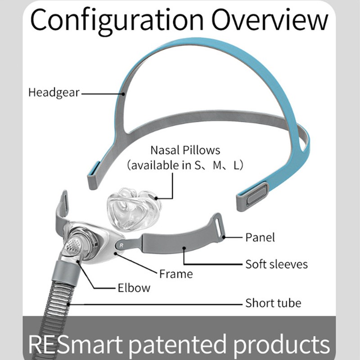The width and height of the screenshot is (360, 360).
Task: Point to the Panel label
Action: pos(260,237)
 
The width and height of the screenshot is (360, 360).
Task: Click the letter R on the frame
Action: pos(120,245)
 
